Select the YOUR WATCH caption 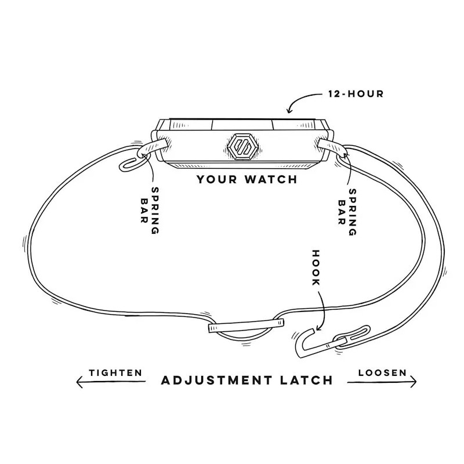click(x=246, y=179)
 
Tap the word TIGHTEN click(x=115, y=372)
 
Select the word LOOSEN click(x=382, y=372)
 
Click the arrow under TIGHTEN click(x=110, y=381)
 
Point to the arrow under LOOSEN click(x=382, y=381)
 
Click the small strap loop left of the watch click(x=131, y=162)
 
